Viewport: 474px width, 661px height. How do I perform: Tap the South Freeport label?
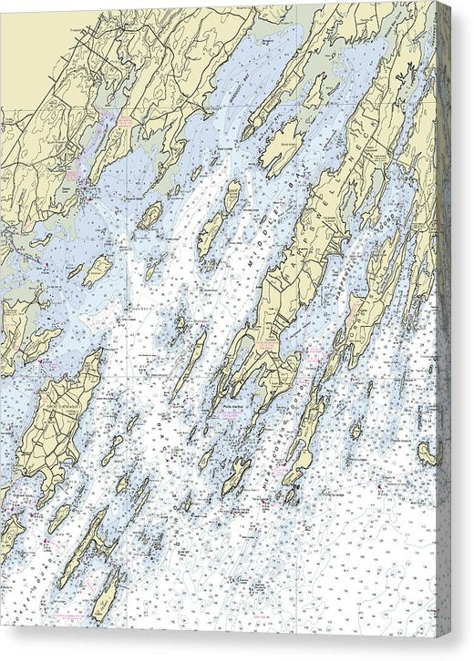(x=117, y=117)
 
